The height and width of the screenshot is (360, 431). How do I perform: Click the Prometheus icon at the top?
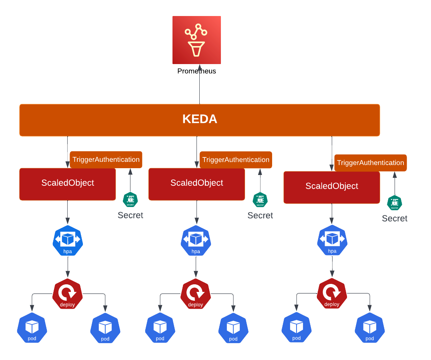coord(196,40)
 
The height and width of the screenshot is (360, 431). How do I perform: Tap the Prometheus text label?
coord(196,71)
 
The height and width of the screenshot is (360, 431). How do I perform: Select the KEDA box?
coord(199,120)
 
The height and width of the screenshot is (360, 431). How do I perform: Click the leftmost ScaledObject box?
coord(67,184)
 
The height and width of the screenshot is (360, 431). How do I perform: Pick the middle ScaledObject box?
coord(196,184)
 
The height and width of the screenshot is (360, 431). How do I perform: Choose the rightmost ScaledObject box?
coord(331,187)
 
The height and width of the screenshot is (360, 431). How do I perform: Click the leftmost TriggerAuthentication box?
coord(106,159)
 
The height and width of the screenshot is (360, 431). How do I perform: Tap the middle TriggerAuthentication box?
coord(236,159)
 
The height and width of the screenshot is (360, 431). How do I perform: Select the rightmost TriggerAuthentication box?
coord(370,163)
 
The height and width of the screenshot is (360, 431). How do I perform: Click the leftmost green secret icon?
coord(130,199)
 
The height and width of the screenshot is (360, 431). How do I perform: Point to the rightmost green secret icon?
coord(394,203)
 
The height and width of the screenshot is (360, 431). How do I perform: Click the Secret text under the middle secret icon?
coord(260,215)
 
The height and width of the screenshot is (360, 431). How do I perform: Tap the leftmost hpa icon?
coord(68,241)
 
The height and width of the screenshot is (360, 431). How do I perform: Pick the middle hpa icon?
coord(196,241)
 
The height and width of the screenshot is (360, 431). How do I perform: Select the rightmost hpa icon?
coord(332,241)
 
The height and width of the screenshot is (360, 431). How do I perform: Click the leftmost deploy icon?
coord(67,294)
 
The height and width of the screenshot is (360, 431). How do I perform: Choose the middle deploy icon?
coord(195,294)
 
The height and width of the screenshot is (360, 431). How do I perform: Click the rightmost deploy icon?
coord(332,294)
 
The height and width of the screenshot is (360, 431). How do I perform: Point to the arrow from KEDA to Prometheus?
coord(199,86)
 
